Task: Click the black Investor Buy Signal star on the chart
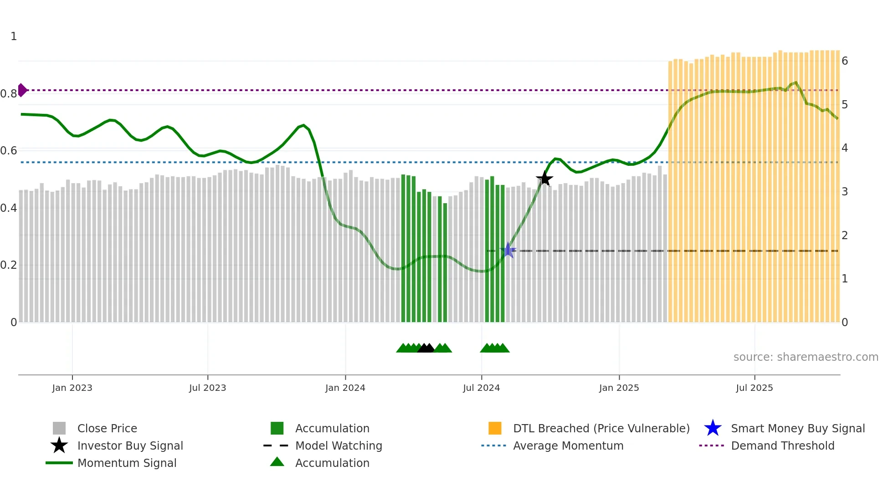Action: (544, 179)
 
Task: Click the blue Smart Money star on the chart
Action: (508, 251)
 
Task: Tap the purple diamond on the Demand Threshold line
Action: (22, 90)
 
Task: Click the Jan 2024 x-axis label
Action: (345, 388)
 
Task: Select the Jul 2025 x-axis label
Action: (754, 388)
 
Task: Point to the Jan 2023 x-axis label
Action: (72, 388)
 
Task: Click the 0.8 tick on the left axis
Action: (9, 94)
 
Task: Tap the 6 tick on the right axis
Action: (844, 61)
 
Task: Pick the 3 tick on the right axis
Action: (844, 192)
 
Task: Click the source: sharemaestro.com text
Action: (806, 357)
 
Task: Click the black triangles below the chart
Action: (426, 348)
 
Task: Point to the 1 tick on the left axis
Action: (14, 36)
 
